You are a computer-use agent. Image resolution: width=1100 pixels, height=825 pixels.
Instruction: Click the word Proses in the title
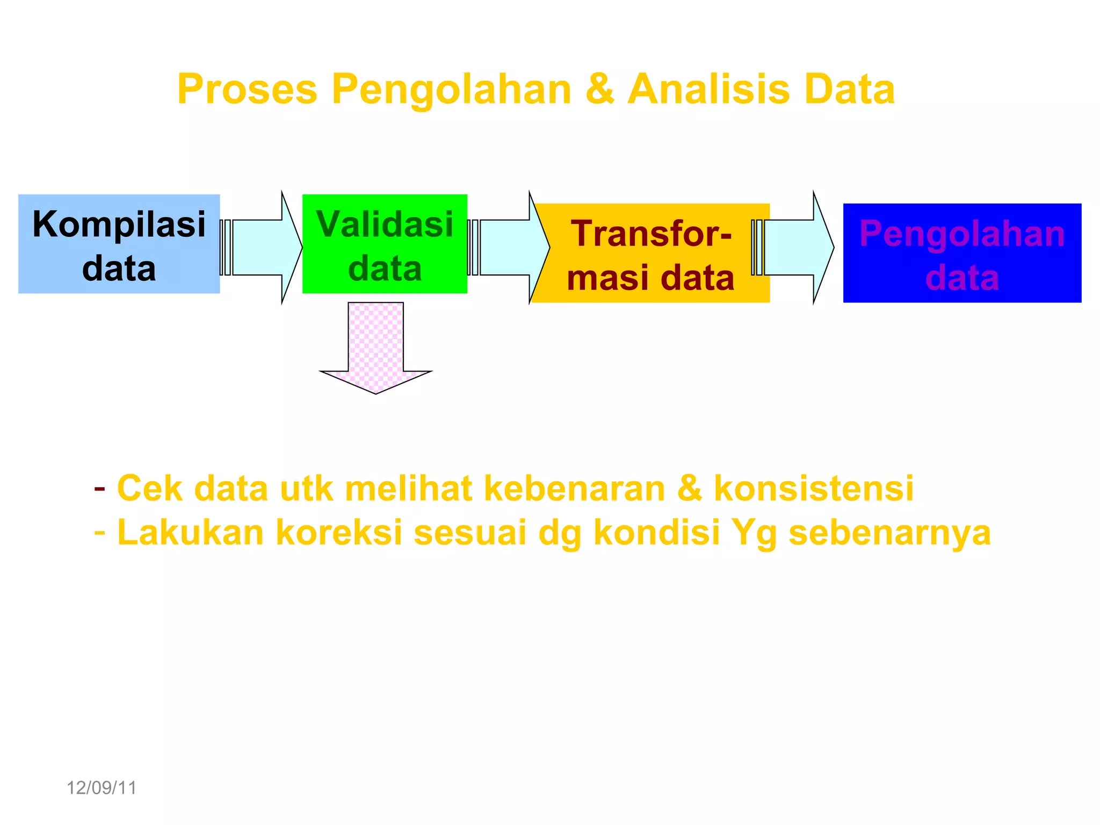[x=247, y=89]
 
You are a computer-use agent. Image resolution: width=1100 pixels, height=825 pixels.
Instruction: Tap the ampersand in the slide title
[x=600, y=89]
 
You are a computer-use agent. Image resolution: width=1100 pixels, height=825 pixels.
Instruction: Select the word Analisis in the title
[x=709, y=89]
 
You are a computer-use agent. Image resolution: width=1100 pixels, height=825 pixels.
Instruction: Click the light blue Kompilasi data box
[x=119, y=244]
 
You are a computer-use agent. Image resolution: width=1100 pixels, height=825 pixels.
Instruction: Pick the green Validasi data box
[x=385, y=244]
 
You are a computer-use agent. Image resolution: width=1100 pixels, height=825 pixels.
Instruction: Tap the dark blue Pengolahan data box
[x=962, y=254]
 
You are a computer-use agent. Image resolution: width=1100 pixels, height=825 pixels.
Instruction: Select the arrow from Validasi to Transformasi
[x=510, y=248]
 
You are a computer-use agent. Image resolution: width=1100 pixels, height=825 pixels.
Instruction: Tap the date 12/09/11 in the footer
[x=101, y=788]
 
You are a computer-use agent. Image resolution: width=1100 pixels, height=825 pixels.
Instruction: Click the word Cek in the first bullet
[x=149, y=489]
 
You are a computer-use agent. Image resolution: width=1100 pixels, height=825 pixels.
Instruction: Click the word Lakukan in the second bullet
[x=190, y=533]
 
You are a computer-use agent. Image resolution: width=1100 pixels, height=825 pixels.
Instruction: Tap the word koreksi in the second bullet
[x=338, y=533]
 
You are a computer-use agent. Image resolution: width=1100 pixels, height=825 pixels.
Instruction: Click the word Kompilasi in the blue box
[x=119, y=224]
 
